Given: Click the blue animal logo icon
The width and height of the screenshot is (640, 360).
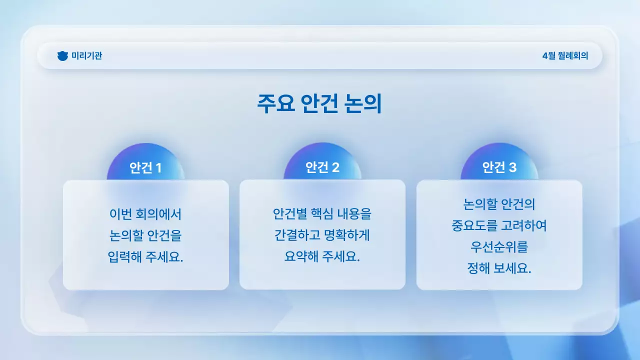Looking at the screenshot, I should pos(62,56).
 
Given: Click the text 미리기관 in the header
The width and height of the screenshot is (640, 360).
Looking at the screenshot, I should pos(86,56).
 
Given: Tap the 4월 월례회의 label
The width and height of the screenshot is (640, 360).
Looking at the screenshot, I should pos(565,56).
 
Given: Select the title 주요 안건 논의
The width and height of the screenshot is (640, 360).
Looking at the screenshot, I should pos(319,104).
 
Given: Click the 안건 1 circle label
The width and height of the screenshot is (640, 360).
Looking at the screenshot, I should pos(145,168).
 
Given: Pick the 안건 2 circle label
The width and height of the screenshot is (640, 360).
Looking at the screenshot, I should pos(322,167).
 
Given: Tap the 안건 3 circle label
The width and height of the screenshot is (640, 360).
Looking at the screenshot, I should pos(499,167).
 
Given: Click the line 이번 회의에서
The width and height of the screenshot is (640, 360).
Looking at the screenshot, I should pos(145,214).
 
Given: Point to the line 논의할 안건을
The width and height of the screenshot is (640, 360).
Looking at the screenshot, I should pos(145,235).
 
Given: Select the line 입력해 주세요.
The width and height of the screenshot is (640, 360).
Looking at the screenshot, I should pos(145,257).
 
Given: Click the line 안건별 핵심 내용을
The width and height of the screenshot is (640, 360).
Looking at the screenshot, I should pos(322,214).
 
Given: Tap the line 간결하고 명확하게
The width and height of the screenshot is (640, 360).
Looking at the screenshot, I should pos(322,235).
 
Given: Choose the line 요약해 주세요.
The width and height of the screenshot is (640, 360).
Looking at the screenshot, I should pos(322,257).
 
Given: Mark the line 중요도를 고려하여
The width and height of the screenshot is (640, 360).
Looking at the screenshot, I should pos(499,225).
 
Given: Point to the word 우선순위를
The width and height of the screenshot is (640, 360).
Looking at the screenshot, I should pos(499,247).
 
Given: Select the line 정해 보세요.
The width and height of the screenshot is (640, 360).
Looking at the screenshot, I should pos(499,268).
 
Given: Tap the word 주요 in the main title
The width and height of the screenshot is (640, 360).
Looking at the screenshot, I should pos(274,104).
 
